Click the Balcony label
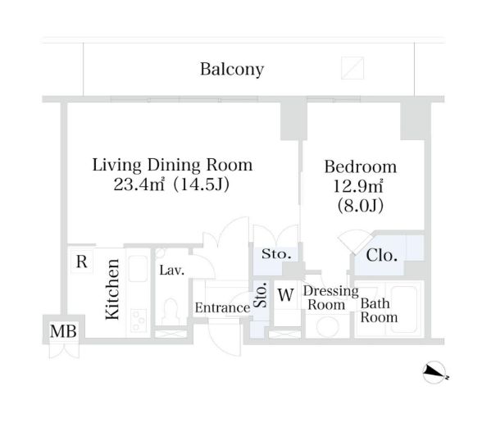[x=232, y=70]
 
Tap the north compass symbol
[x=434, y=372]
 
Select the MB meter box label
[x=63, y=331]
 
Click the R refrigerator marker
[x=81, y=262]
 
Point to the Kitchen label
[x=112, y=289]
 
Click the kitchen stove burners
[x=138, y=321]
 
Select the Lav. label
[x=172, y=271]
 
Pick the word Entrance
[x=223, y=307]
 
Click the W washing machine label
[x=286, y=295]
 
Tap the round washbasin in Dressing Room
[x=327, y=326]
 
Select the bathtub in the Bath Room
[x=404, y=310]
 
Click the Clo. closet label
[x=381, y=255]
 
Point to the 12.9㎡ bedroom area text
[x=358, y=186]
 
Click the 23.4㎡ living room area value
[x=139, y=184]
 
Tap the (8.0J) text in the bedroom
[x=361, y=206]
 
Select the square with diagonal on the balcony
[x=352, y=68]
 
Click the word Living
[x=117, y=165]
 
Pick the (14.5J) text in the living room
[x=202, y=184]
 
